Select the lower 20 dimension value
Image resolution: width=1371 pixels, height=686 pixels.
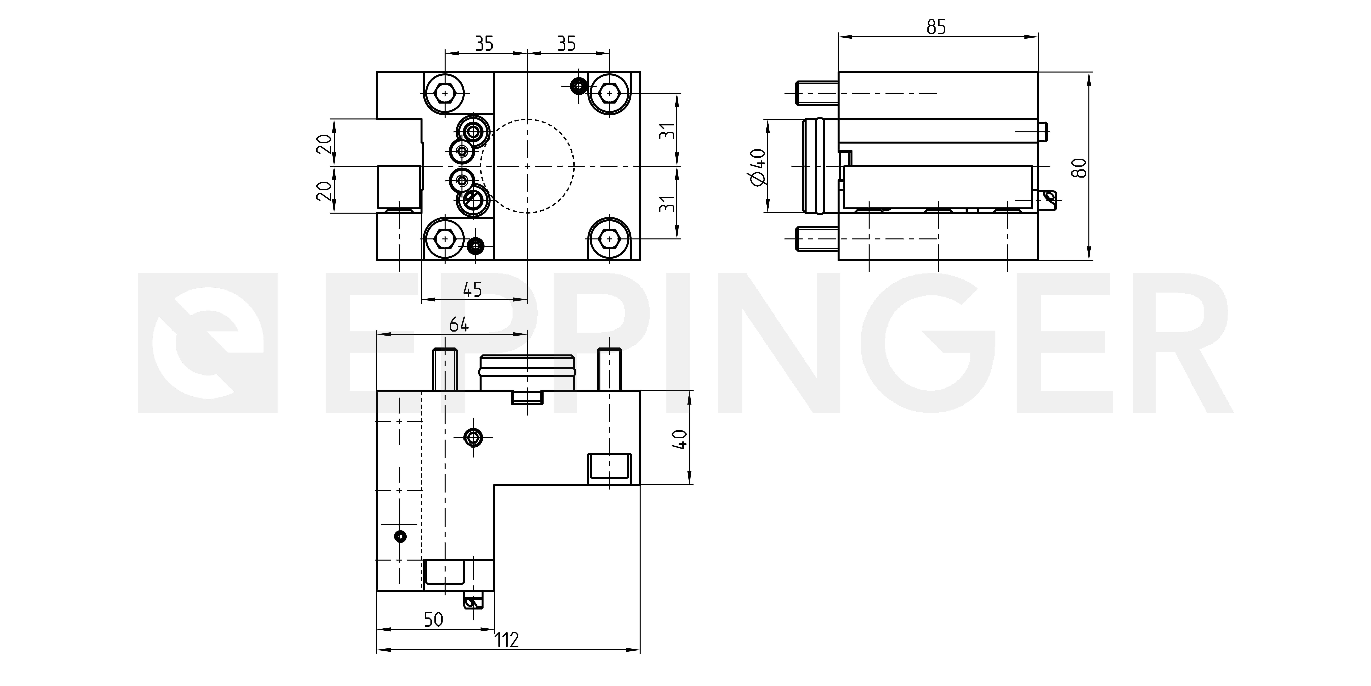324,190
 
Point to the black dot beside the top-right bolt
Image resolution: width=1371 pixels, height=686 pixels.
578,85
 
